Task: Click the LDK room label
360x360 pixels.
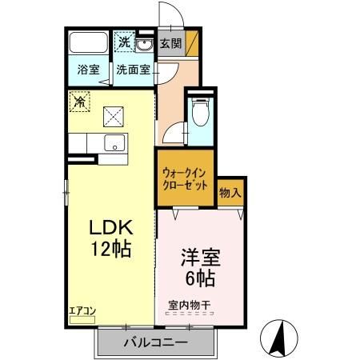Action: [x=110, y=227]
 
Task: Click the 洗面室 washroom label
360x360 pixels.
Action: [x=133, y=69]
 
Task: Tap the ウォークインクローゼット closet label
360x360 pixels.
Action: [x=185, y=178]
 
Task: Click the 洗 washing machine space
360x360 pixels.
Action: [x=125, y=42]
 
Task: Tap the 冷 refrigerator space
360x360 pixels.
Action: [x=79, y=101]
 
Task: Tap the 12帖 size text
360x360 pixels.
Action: [x=110, y=248]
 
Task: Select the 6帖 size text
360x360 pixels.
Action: [x=199, y=280]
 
